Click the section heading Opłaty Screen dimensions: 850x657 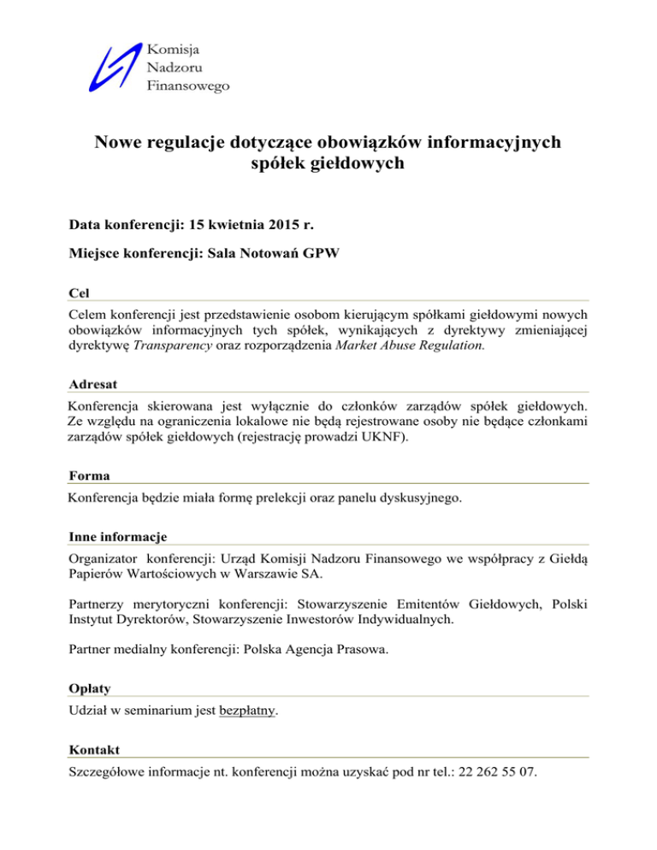point(88,688)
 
